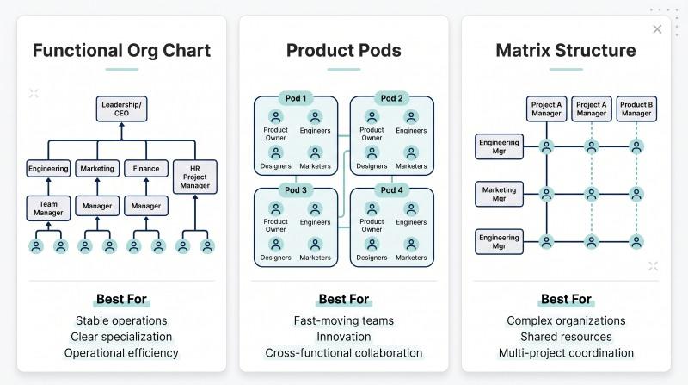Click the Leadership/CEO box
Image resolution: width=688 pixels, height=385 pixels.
121,109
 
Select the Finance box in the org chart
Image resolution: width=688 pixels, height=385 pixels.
146,168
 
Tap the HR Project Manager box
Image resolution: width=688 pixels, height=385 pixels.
195,177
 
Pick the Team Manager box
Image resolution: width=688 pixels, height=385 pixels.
48,208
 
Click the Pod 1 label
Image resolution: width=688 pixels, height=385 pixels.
296,98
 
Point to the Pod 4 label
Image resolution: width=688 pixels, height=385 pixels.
392,190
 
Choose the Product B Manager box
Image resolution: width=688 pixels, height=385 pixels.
636,109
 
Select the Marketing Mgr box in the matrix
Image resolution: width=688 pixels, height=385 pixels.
499,194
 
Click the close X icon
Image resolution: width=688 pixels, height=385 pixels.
657,29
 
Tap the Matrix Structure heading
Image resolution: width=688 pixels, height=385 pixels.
566,51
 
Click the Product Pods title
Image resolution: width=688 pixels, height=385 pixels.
343,51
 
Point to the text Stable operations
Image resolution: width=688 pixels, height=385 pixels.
121,320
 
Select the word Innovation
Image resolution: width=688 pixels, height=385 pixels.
343,337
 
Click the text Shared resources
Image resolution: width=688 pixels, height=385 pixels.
566,337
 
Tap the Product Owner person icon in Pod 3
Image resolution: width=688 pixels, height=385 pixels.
275,208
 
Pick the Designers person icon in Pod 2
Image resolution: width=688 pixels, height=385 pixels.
372,152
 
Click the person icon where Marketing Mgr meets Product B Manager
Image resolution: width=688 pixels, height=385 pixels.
636,194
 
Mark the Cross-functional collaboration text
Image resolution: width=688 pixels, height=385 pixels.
343,353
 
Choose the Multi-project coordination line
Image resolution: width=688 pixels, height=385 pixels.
566,353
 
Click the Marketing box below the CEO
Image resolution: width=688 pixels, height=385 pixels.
97,168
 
